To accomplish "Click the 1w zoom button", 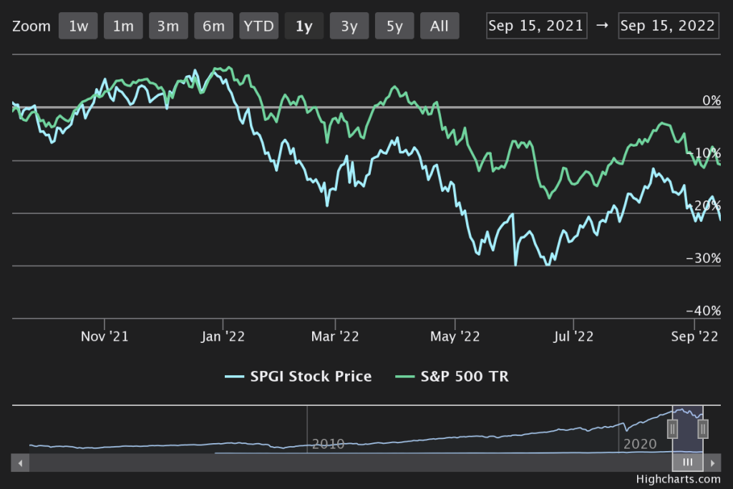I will tap(78, 26).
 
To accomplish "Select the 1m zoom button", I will tap(123, 26).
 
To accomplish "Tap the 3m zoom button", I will tap(168, 26).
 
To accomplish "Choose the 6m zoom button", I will tap(213, 26).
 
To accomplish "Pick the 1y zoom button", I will tap(304, 26).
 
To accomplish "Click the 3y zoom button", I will tap(349, 26).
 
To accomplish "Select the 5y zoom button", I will tap(394, 26).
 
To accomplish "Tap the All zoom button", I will tap(440, 26).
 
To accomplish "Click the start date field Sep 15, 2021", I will tap(536, 26).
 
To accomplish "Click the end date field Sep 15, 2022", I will tap(668, 26).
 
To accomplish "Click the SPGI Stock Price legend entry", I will tap(298, 377).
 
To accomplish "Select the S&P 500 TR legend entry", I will tap(455, 377).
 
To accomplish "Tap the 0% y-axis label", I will tap(711, 100).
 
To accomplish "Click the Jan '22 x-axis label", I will tap(224, 336).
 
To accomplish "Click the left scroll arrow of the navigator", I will tap(21, 463).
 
